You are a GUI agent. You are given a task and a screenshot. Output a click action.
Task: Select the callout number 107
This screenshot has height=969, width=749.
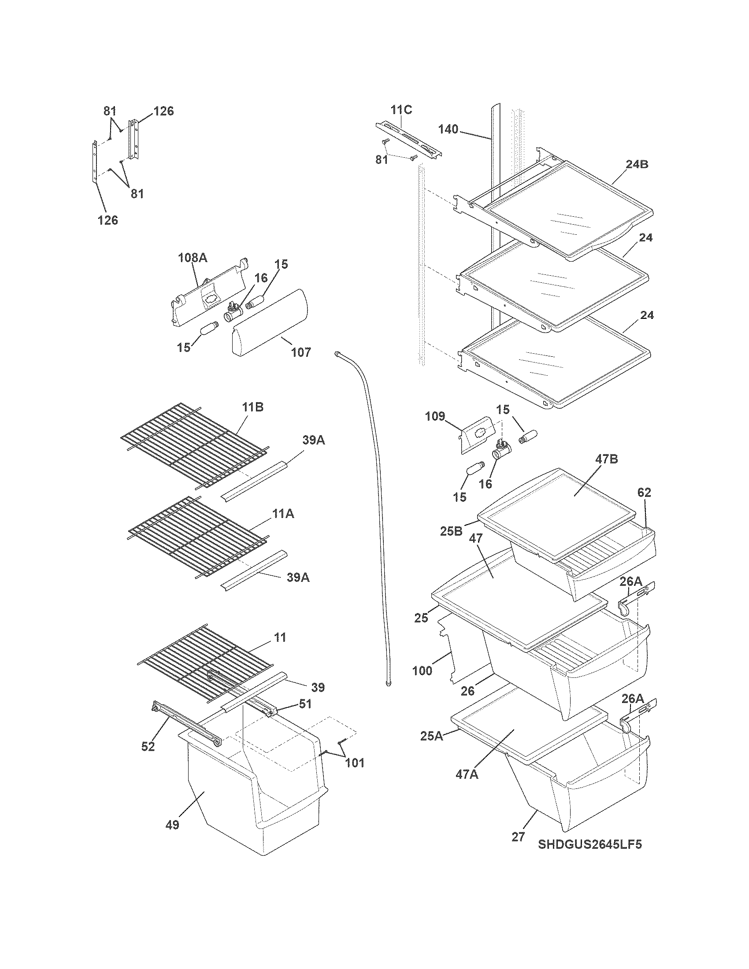301,352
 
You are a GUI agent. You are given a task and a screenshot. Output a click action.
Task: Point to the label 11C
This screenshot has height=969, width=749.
401,110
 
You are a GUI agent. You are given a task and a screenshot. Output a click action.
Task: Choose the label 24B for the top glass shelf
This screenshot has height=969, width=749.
637,164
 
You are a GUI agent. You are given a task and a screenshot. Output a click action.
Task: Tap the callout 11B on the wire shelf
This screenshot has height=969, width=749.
252,407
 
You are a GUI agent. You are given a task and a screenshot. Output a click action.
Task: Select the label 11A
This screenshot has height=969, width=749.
283,514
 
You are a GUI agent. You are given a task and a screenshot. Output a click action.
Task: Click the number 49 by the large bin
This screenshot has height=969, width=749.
172,825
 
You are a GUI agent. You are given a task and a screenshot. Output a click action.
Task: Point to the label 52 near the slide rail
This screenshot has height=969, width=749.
148,746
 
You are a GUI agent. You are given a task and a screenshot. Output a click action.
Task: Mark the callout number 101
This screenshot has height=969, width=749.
355,763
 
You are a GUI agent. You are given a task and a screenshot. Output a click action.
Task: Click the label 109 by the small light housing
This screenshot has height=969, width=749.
435,416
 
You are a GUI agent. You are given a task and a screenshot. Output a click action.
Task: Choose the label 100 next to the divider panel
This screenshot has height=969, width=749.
422,670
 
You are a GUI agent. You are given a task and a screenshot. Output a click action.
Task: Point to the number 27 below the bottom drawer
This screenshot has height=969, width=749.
518,837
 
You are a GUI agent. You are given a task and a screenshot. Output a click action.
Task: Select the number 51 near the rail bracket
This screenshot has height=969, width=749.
305,704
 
